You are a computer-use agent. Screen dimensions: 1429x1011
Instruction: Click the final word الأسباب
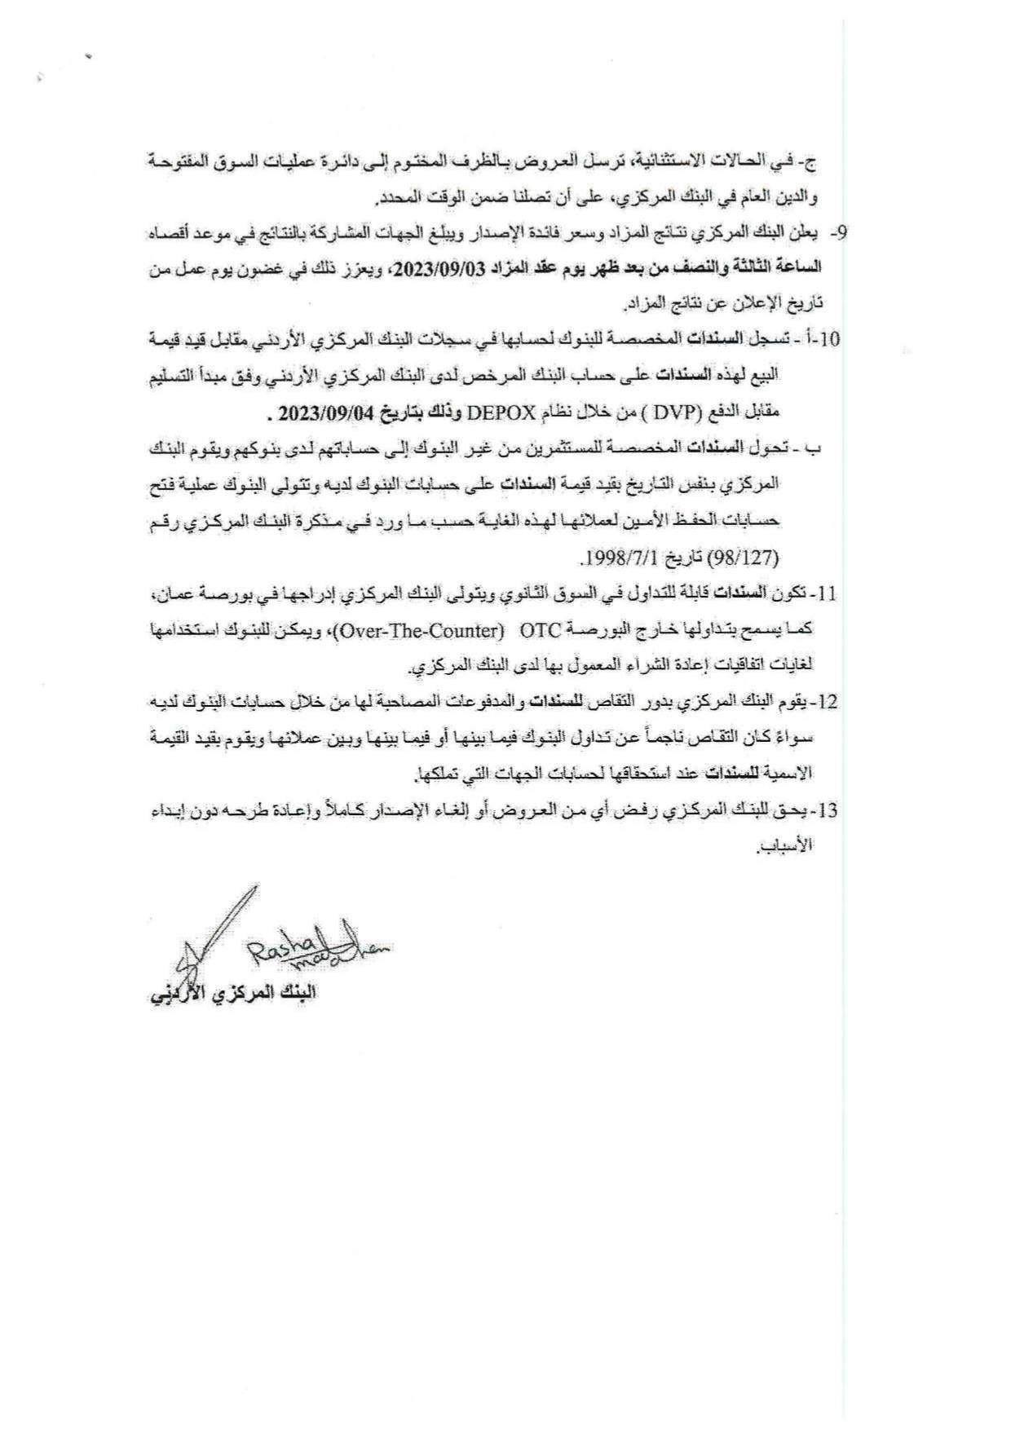click(x=786, y=847)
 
